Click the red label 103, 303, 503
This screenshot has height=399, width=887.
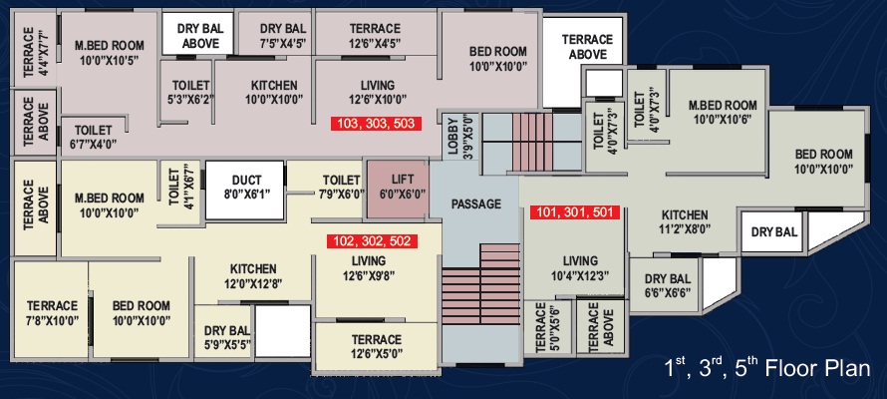pyautogui.click(x=376, y=124)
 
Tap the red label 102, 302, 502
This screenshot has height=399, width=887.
pyautogui.click(x=372, y=241)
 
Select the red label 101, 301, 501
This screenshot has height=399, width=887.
pyautogui.click(x=575, y=212)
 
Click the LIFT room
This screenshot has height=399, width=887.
pyautogui.click(x=399, y=189)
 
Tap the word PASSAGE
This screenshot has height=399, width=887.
pyautogui.click(x=475, y=203)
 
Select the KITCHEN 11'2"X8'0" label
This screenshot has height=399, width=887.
pyautogui.click(x=685, y=221)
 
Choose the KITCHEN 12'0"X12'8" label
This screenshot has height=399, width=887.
pyautogui.click(x=253, y=275)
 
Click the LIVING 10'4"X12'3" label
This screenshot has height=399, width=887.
pyautogui.click(x=580, y=268)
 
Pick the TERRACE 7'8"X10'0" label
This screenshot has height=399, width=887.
pyautogui.click(x=52, y=313)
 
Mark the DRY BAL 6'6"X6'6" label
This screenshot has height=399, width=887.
pyautogui.click(x=668, y=286)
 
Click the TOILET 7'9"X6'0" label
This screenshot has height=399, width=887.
pyautogui.click(x=342, y=187)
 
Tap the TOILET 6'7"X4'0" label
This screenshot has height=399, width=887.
pyautogui.click(x=94, y=137)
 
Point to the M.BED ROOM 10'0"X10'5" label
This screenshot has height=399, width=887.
pyautogui.click(x=110, y=52)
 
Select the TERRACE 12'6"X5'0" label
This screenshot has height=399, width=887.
pyautogui.click(x=377, y=346)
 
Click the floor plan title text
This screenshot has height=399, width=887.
pyautogui.click(x=767, y=369)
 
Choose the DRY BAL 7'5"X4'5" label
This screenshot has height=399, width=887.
pyautogui.click(x=283, y=35)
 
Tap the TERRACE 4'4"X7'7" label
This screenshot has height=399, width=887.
pyautogui.click(x=35, y=52)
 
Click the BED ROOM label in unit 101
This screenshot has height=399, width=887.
pyautogui.click(x=823, y=162)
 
